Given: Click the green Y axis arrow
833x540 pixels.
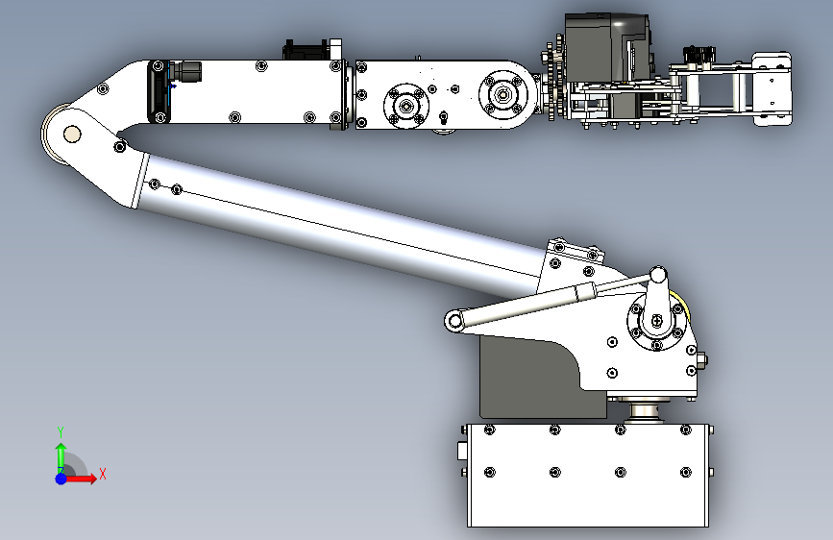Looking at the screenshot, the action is click(61, 456).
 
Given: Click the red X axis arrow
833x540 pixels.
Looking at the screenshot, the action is click(80, 479).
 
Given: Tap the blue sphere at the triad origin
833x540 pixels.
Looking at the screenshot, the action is click(61, 479).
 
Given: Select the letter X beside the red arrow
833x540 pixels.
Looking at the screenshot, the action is click(103, 474).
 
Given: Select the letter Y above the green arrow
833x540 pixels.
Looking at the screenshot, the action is click(61, 432).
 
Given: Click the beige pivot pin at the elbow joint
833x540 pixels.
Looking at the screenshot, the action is click(72, 134).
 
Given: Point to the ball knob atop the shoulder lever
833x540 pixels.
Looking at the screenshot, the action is click(658, 275).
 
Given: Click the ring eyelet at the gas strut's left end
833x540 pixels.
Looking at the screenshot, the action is click(454, 321).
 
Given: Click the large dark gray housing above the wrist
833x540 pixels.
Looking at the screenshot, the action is click(605, 48).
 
